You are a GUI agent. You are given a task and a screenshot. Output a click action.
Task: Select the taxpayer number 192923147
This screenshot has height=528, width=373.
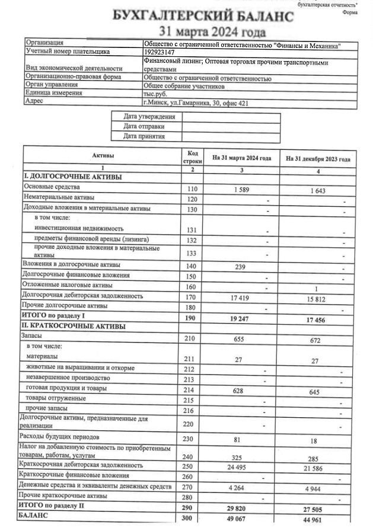(164, 52)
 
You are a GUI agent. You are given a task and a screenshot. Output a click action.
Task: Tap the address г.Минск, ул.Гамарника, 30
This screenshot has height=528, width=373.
(196, 103)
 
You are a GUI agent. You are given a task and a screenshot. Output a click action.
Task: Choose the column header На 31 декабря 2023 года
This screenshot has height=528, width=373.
(317, 159)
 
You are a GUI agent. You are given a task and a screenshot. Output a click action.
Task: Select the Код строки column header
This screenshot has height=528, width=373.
(192, 157)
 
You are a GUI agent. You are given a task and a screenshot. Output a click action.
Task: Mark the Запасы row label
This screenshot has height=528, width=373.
(32, 336)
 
